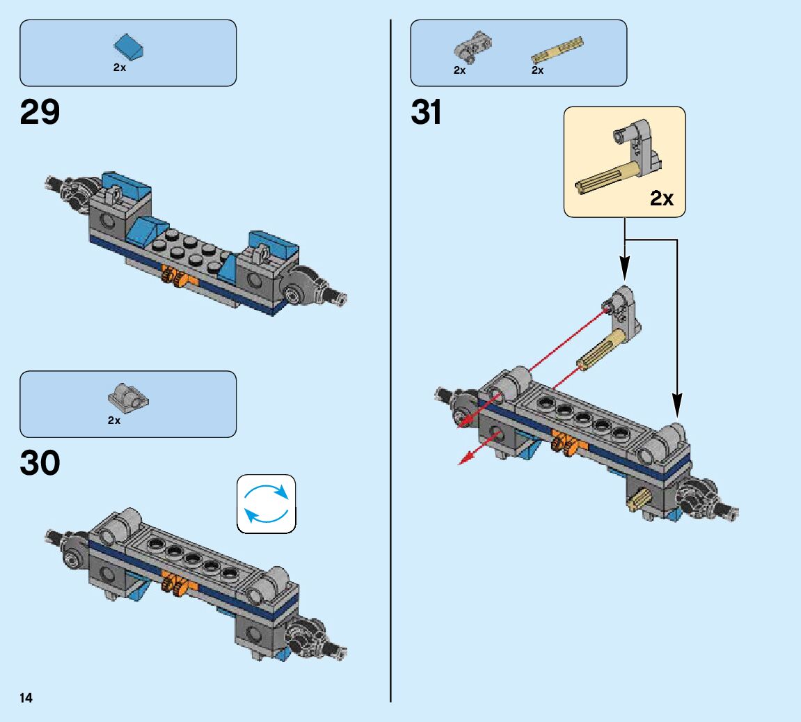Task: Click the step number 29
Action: [x=40, y=112]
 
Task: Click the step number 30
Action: [x=40, y=463]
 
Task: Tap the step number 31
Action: [x=427, y=112]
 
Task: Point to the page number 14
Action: [x=26, y=698]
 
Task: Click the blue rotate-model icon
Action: [x=267, y=503]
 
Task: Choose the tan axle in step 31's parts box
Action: [x=557, y=49]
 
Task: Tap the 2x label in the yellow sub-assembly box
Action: [x=662, y=198]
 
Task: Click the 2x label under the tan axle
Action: [x=537, y=70]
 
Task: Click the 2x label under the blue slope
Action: [x=120, y=68]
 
